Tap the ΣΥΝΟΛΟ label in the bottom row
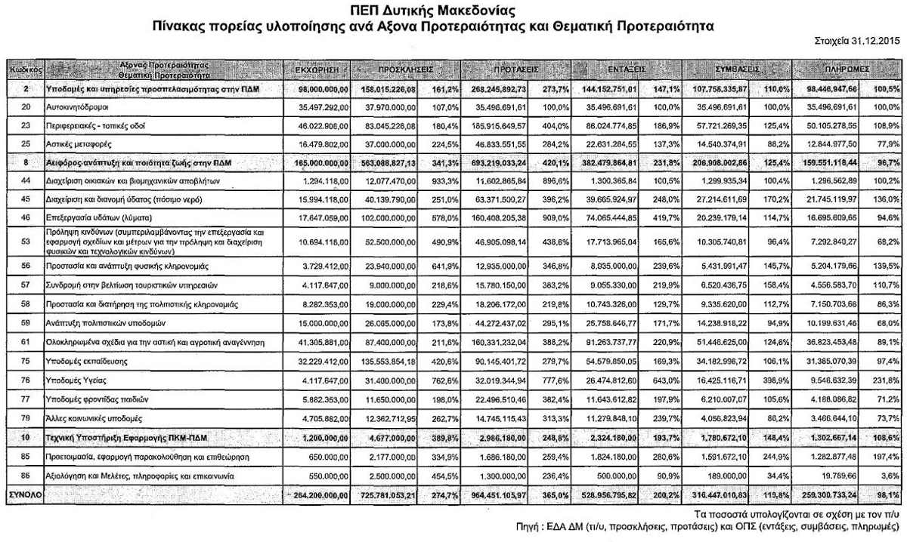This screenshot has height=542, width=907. pos(24,494)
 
